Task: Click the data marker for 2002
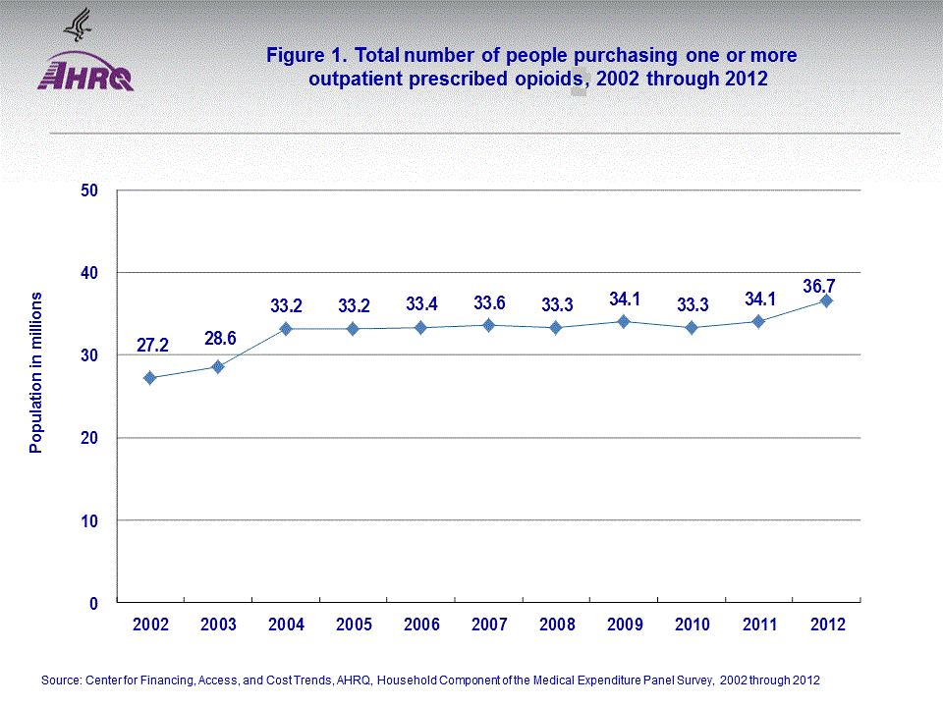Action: coord(149,378)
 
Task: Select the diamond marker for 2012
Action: coord(826,300)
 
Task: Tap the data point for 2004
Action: coord(285,329)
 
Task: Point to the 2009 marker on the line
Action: coord(624,321)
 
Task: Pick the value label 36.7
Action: coord(826,285)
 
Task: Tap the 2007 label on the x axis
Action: coord(488,625)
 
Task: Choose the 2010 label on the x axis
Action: coord(692,625)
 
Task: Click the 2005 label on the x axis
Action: coord(353,625)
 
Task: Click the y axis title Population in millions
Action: coord(36,372)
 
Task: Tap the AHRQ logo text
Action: coord(85,77)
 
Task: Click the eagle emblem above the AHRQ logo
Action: coord(77,24)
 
